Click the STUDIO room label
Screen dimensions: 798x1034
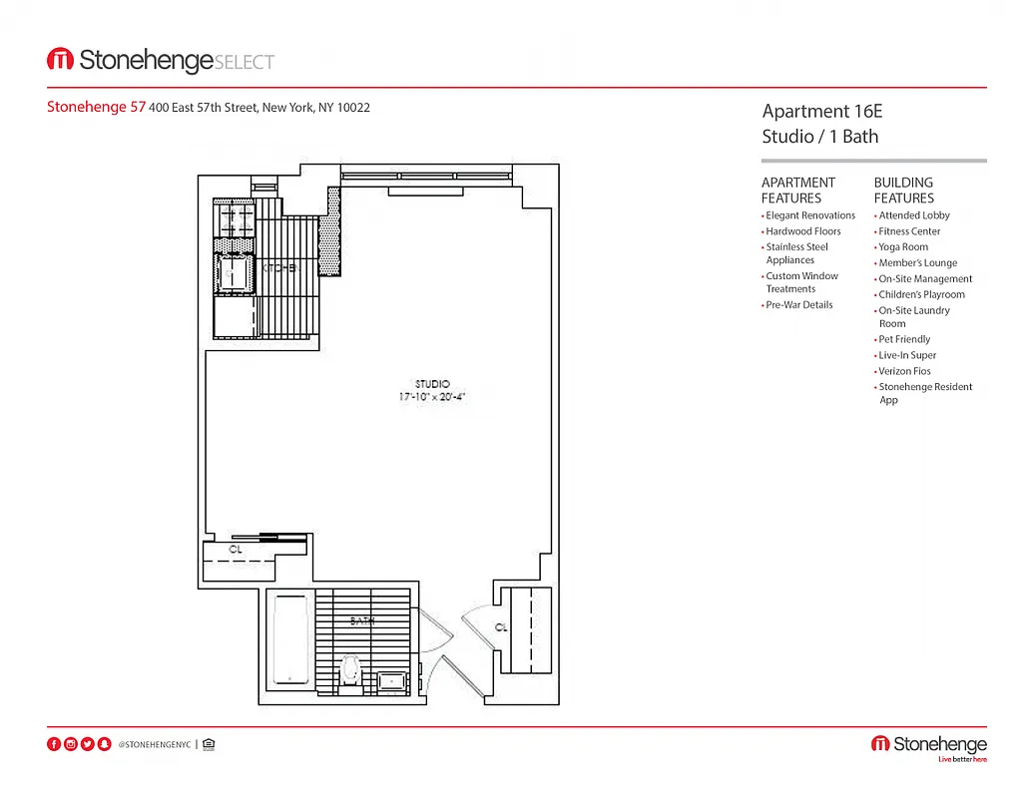click(432, 384)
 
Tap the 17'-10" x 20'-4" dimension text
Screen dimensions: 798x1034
click(432, 397)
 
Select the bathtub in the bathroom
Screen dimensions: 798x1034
click(291, 639)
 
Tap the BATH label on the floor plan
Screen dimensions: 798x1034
click(361, 620)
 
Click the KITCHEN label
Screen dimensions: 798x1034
click(280, 267)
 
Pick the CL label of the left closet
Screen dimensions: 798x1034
click(236, 549)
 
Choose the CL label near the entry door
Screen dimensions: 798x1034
click(502, 627)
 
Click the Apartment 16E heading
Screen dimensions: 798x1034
click(821, 112)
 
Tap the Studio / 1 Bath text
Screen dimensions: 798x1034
click(819, 137)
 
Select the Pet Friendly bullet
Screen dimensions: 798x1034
click(904, 339)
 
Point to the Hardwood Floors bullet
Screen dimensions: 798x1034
click(802, 231)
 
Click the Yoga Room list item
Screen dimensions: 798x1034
click(903, 247)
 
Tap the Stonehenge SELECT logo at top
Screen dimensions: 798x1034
click(161, 61)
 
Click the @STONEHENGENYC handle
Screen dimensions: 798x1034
click(154, 744)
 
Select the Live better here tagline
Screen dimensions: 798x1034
click(961, 760)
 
